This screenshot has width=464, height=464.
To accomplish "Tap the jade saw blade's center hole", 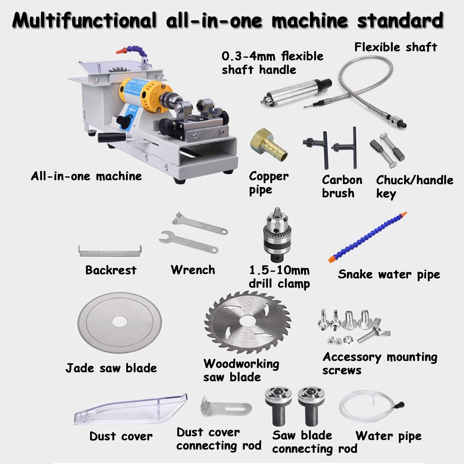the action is coord(119,322).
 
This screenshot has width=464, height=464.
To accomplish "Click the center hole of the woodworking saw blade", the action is coord(248,323).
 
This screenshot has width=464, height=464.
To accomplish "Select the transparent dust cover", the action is coord(130,410).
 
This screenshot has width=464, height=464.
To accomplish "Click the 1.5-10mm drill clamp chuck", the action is coord(277,235).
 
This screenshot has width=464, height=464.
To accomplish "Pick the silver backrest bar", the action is coord(110,251).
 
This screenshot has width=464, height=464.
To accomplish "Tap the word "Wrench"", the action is coord(193,270).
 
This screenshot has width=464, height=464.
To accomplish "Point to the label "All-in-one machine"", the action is coord(86,176).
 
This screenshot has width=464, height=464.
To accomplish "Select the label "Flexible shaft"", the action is coord(396,47).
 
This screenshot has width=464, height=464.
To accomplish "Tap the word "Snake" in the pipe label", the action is coord(355,274).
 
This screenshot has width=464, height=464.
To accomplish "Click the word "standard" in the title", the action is coord(400,20).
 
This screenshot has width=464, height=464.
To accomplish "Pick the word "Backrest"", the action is coord(111,270).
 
